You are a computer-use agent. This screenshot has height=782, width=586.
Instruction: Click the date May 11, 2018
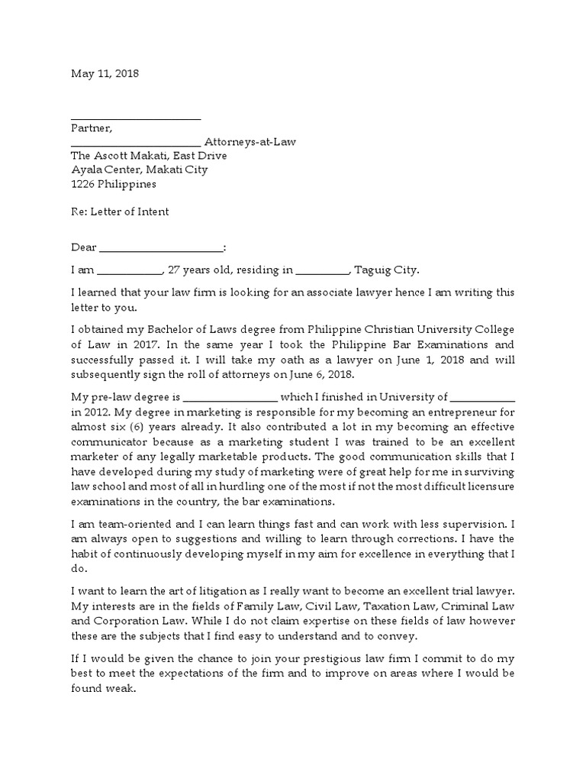coord(105,74)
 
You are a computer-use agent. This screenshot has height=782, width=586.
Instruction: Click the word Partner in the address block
coord(91,128)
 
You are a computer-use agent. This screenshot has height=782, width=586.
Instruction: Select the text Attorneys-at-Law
coord(250,142)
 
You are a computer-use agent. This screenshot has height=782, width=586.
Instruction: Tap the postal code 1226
coord(83,184)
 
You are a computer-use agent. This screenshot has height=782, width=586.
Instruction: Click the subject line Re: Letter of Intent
coord(119,212)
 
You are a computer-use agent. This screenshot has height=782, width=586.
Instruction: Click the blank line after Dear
coord(162,248)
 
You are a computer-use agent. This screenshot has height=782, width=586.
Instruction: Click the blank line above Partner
coord(136,118)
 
